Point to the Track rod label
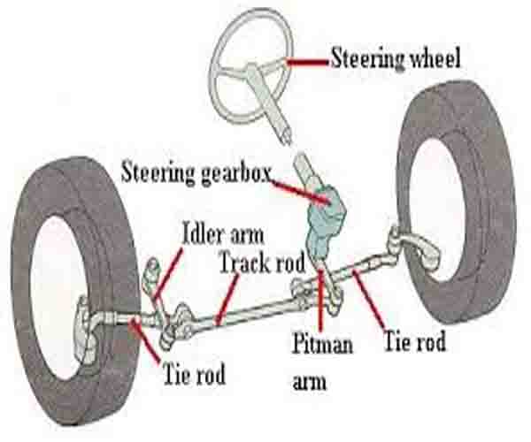tap(264, 263)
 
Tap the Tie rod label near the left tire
tap(194, 374)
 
